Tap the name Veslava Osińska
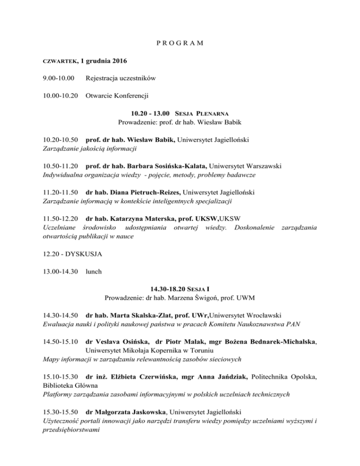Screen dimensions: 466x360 pyautogui.click(x=120, y=341)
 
